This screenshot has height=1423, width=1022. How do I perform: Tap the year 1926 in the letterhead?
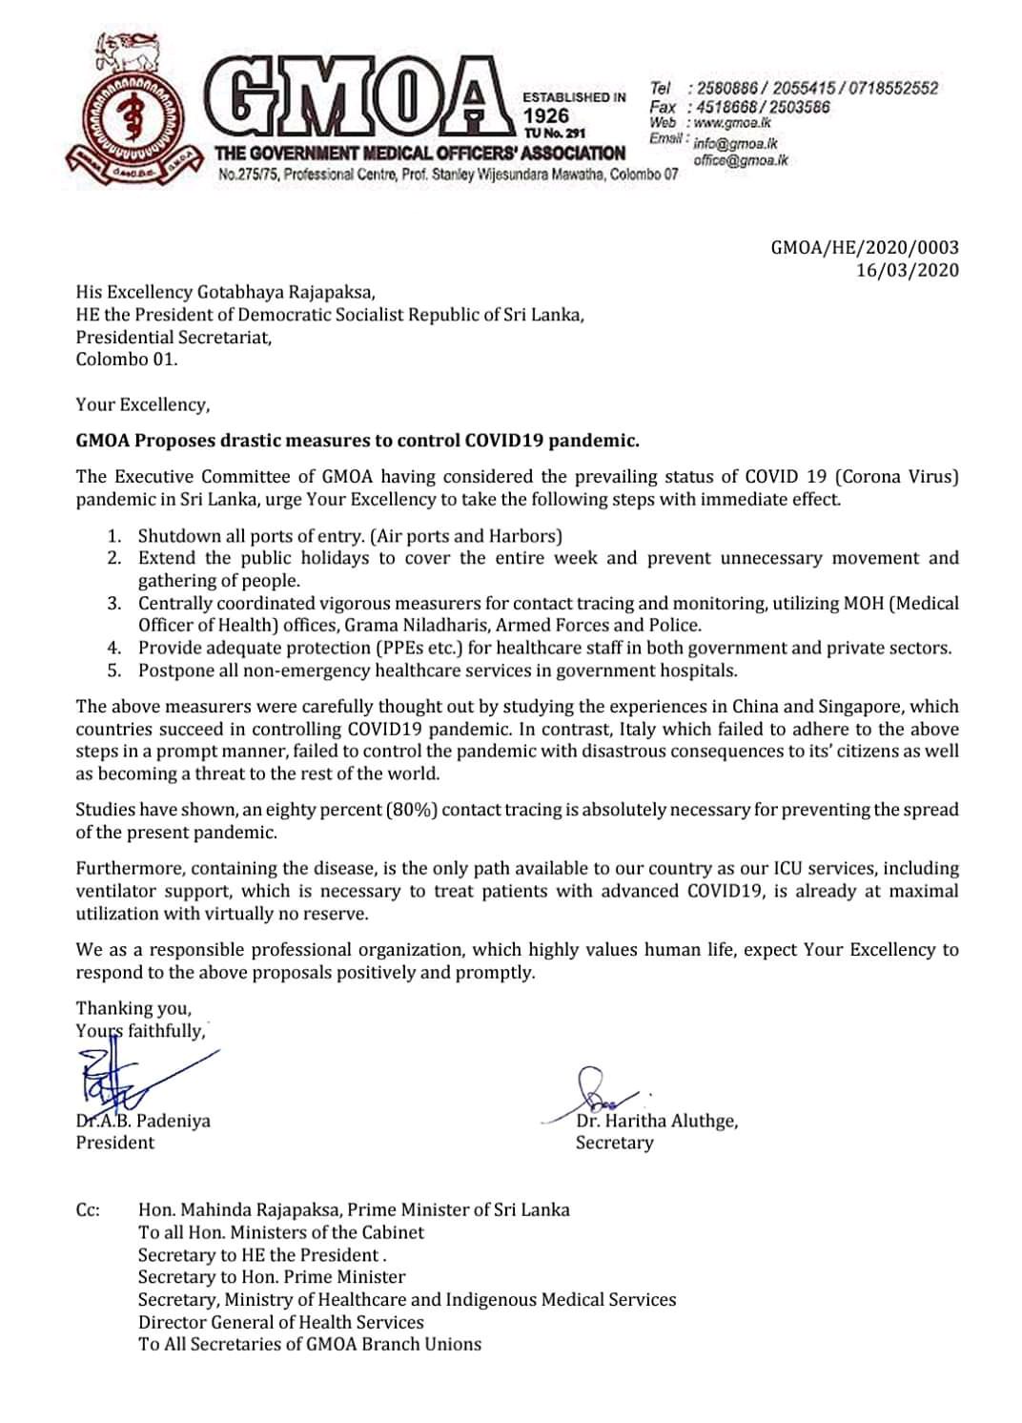[x=546, y=115]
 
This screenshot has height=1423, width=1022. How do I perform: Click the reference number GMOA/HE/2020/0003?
[x=864, y=248]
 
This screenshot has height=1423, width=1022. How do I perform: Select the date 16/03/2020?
[x=907, y=270]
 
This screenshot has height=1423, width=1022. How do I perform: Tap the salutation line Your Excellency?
[x=143, y=404]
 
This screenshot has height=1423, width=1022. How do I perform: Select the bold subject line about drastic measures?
[x=358, y=440]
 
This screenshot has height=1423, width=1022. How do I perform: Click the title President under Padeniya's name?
[x=115, y=1143]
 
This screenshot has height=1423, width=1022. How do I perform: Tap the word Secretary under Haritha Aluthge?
[x=614, y=1143]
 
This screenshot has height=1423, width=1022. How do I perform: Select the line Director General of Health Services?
[x=280, y=1322]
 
